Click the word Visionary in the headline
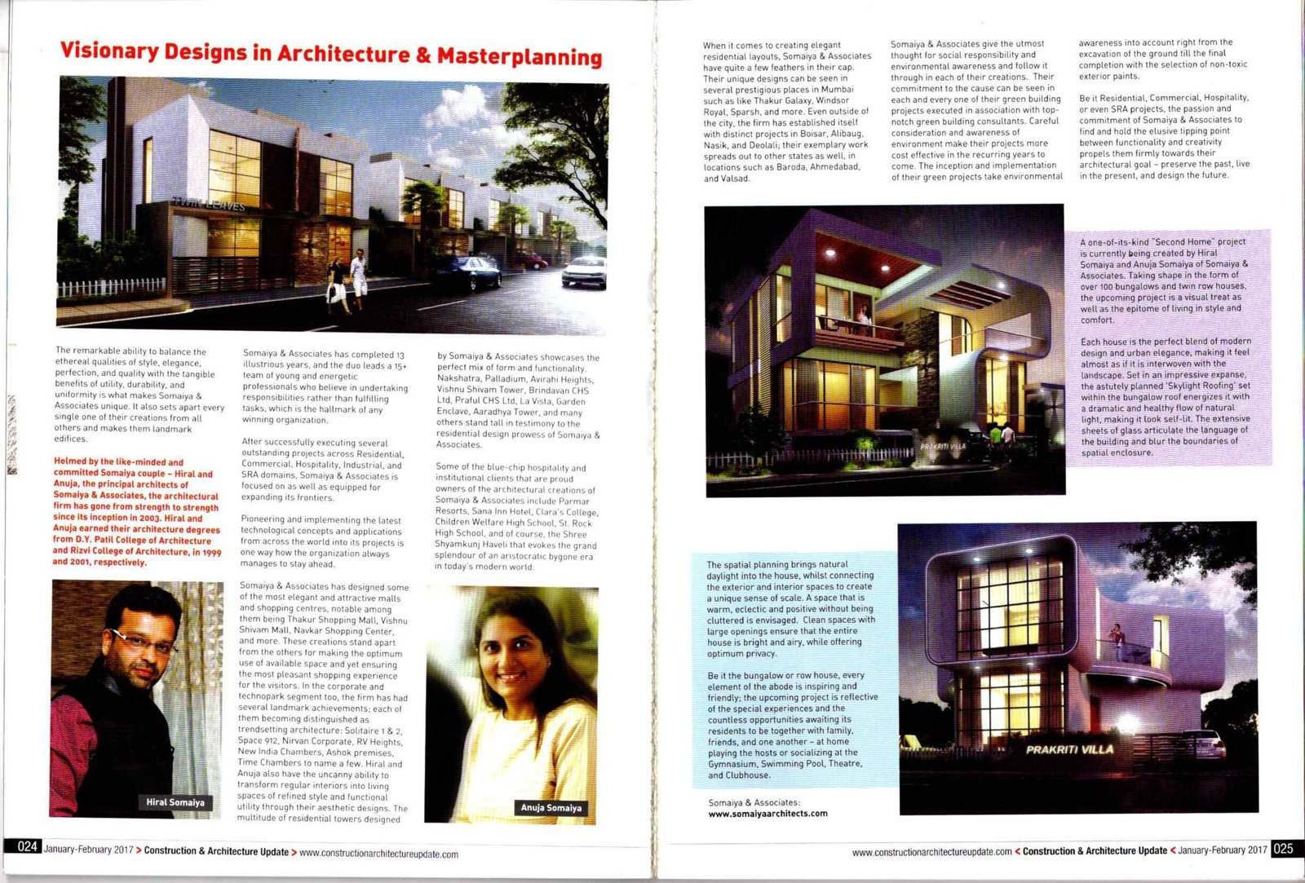click(x=108, y=51)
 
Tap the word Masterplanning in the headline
click(x=520, y=56)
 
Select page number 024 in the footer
click(x=27, y=846)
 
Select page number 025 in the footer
click(x=1282, y=848)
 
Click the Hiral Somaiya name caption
click(x=175, y=802)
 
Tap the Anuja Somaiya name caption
click(x=551, y=807)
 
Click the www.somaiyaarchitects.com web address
click(x=768, y=813)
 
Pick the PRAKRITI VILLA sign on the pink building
click(x=1068, y=749)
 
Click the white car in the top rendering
click(x=585, y=272)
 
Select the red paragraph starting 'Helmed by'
click(x=136, y=512)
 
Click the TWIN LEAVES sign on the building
click(x=209, y=204)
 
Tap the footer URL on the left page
click(x=378, y=854)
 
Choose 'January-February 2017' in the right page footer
click(x=1222, y=850)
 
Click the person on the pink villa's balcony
click(x=1117, y=637)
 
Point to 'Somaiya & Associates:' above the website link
click(x=754, y=802)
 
